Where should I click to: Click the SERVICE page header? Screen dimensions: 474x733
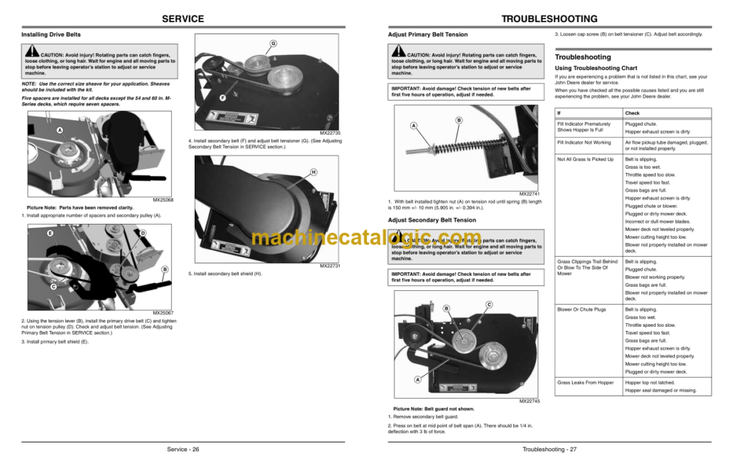tap(183, 19)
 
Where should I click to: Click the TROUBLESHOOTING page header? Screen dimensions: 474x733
tap(549, 19)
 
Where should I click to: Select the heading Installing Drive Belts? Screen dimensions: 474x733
tap(51, 34)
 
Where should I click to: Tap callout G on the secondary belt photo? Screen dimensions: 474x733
tap(273, 44)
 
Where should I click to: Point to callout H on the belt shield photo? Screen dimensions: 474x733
tap(314, 172)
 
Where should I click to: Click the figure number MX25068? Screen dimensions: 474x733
tap(163, 200)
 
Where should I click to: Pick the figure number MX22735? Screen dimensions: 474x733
tap(330, 133)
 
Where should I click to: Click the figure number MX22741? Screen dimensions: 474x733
tap(530, 194)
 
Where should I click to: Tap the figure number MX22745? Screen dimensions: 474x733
tap(530, 401)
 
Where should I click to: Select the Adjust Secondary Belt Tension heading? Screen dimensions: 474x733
tap(432, 220)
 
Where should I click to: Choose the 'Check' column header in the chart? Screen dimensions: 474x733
tap(632, 113)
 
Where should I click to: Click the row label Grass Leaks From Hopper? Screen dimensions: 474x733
tap(586, 382)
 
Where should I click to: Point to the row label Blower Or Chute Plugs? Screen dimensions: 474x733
tap(581, 310)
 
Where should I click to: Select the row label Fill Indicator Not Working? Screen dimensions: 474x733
tap(584, 142)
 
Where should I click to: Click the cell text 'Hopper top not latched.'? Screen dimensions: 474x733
tap(650, 382)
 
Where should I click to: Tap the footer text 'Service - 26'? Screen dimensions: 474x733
tap(183, 449)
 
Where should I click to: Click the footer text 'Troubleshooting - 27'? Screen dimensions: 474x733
tap(549, 449)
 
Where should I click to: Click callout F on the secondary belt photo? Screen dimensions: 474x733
tap(223, 97)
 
